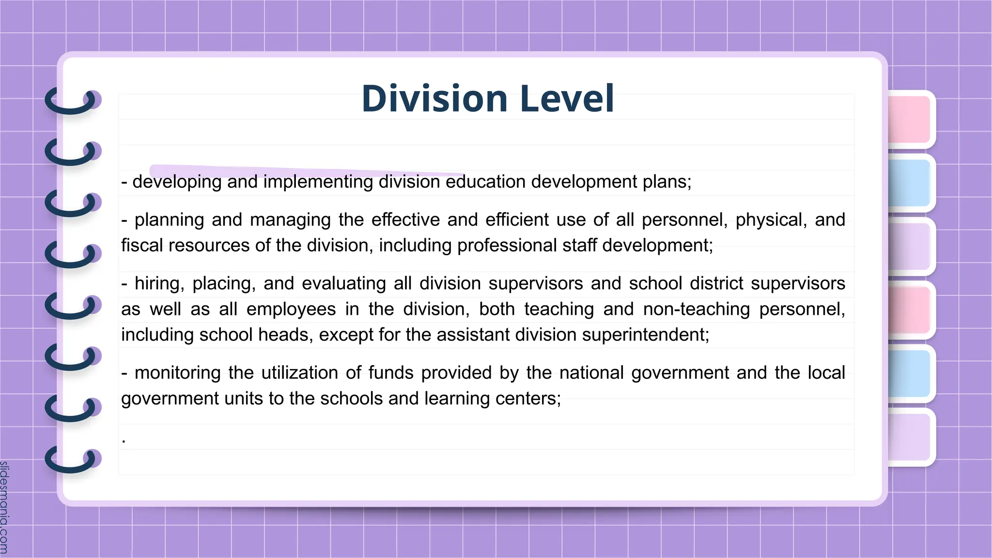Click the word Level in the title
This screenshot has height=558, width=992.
[x=567, y=99]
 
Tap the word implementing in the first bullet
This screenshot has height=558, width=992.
[x=318, y=182]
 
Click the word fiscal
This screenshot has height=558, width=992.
[x=142, y=246]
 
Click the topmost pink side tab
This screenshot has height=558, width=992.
[x=909, y=119]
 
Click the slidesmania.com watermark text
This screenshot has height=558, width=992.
[x=4, y=507]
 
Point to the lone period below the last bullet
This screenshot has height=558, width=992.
[x=124, y=441]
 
